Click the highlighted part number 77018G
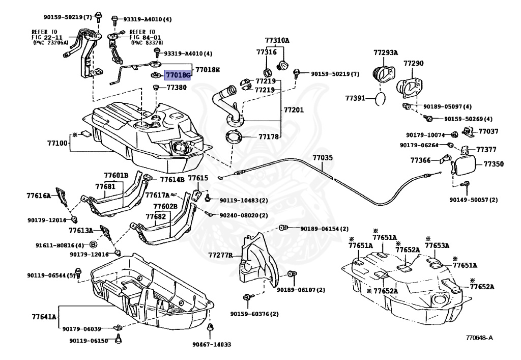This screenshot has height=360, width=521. coord(178,75)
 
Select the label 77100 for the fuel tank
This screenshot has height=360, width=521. coord(57,143)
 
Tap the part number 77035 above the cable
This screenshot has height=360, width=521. coord(322,157)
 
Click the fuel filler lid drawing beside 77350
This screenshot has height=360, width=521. coord(464,165)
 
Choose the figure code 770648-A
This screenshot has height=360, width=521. coord(479,338)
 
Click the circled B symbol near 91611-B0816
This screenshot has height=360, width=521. coord(94,245)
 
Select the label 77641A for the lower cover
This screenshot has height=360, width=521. coord(44,316)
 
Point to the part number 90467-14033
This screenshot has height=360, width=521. coord(212,344)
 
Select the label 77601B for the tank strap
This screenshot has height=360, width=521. coord(116,175)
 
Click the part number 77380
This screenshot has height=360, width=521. coord(177,88)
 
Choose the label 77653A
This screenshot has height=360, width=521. coord(437,245)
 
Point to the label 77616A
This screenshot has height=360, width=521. coord(39,196)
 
